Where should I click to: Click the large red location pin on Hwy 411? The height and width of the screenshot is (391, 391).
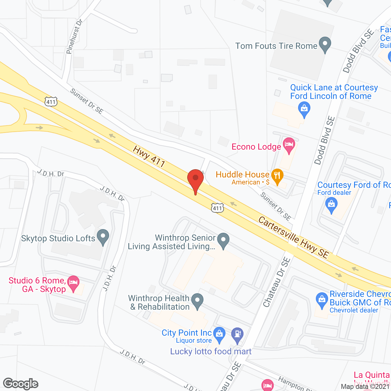tap(195, 180)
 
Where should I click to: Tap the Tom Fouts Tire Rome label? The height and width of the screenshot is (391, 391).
tap(276, 46)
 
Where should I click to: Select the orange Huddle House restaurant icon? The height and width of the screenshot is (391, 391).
tap(277, 176)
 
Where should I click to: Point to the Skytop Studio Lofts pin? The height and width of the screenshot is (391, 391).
tap(103, 236)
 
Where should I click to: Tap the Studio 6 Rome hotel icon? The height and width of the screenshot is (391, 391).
tap(73, 283)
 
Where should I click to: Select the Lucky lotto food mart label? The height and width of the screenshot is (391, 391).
tap(211, 352)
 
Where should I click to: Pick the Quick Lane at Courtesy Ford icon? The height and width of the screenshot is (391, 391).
tap(304, 109)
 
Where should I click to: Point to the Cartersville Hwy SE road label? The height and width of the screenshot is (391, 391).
tap(294, 237)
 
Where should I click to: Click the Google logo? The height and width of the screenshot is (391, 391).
tap(21, 384)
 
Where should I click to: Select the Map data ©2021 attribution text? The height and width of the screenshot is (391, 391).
tap(365, 387)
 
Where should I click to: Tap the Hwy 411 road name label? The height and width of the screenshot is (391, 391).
tap(149, 156)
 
